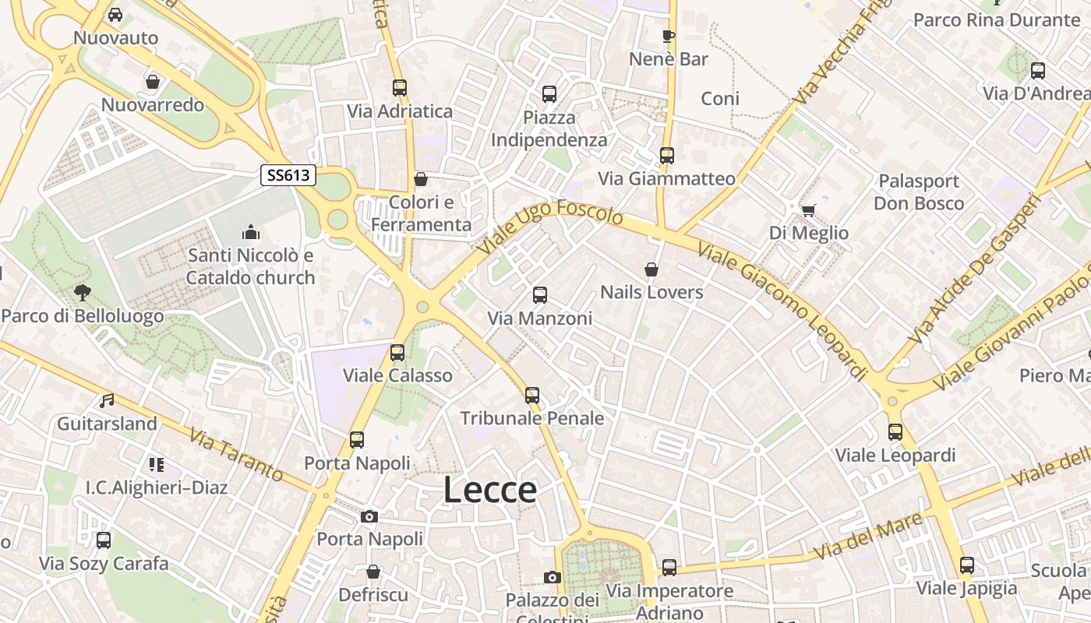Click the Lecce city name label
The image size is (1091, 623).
coord(490,490)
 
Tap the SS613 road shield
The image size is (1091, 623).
coord(288,175)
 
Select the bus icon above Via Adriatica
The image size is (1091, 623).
coord(400,88)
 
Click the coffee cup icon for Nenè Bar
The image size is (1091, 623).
coord(668,36)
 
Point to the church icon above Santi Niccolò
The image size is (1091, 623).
coord(250,232)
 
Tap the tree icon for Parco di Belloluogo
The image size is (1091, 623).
coord(82,293)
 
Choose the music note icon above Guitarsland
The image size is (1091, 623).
coord(107,401)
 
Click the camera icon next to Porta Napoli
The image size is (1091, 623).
coord(369,516)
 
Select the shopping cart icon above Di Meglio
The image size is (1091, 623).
coord(808,210)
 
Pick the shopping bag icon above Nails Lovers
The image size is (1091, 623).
coord(651,269)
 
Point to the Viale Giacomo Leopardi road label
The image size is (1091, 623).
coord(783,311)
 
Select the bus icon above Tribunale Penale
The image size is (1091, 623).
coord(532,396)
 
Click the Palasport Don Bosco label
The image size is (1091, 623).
coord(919,192)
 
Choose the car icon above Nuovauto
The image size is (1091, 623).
coord(115,15)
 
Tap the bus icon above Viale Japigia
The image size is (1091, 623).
coord(967,565)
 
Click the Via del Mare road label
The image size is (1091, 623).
coord(870,536)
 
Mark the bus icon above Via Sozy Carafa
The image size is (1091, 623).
coord(104,540)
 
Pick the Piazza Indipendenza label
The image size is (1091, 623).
coord(549,129)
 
